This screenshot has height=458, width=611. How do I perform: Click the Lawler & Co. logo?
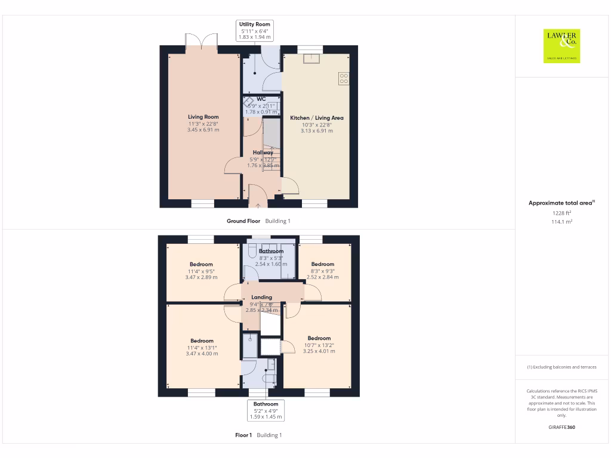click(x=561, y=46)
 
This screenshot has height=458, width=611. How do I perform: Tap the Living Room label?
click(x=203, y=117)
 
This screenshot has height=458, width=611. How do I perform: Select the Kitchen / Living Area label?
click(x=316, y=118)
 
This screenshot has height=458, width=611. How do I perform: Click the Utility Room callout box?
click(x=255, y=31)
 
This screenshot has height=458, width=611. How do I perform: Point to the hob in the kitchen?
click(x=344, y=76)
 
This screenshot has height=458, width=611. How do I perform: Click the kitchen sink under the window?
click(x=310, y=58)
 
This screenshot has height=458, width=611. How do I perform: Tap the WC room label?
click(x=261, y=99)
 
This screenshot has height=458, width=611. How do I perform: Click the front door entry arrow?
click(x=258, y=206)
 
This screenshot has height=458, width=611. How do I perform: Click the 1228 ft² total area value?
click(x=561, y=212)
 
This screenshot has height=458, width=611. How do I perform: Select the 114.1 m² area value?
click(x=561, y=221)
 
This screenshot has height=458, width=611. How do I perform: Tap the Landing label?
click(x=261, y=297)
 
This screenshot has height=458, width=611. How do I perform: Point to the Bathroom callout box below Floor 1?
click(x=266, y=410)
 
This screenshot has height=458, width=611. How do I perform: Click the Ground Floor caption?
click(x=243, y=221)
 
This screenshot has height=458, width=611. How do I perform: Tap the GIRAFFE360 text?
click(x=561, y=427)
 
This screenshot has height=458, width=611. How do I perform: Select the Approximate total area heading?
click(x=561, y=203)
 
